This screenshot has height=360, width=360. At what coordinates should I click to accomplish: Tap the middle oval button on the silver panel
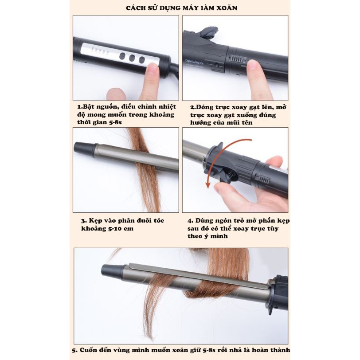tap(132, 58)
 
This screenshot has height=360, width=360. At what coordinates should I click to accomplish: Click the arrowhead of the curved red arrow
tap(208, 184)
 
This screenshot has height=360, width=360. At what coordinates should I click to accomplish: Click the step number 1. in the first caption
tap(80, 107)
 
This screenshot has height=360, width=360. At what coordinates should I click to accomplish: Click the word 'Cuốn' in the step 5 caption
tap(88, 350)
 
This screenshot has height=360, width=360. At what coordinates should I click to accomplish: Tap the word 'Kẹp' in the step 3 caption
tap(95, 221)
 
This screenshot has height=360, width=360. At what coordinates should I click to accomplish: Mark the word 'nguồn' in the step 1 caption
tap(109, 107)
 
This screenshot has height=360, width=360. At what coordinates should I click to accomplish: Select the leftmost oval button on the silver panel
tap(122, 56)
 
